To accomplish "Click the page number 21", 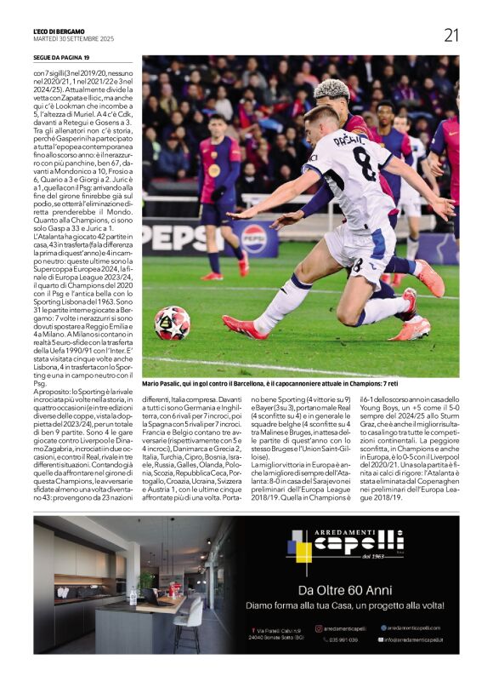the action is (x=450, y=35).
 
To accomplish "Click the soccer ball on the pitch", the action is (x=173, y=323).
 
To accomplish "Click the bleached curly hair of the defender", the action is (x=331, y=89).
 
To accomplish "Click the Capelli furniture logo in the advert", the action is (x=344, y=545).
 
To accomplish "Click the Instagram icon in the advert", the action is (x=318, y=628).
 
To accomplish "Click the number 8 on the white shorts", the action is (x=357, y=265).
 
